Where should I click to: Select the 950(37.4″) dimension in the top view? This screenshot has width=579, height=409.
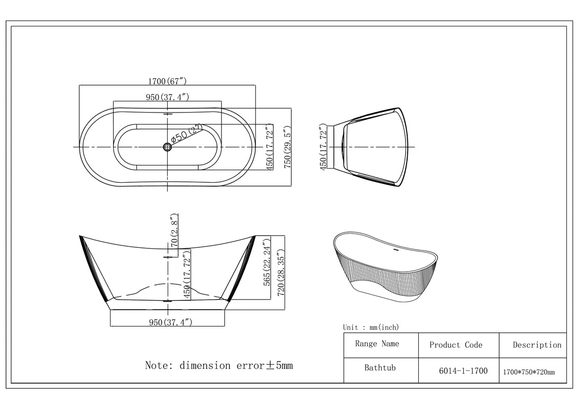point(168,97)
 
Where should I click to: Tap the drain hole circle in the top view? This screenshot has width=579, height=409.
point(168,147)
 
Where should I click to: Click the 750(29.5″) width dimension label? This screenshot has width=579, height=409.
point(287,147)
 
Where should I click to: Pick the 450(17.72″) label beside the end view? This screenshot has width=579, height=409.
point(323,146)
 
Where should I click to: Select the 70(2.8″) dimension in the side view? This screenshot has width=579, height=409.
point(174,231)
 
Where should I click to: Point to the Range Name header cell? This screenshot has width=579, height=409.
point(377,344)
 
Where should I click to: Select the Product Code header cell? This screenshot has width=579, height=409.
point(456,345)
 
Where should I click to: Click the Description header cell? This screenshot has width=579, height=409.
point(537,345)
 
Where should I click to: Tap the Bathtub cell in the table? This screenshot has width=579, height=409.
point(380,367)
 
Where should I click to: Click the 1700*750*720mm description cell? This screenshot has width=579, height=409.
point(529,372)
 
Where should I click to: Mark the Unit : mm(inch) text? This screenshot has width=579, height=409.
point(371,328)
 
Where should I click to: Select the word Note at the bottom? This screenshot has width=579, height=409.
point(158,365)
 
